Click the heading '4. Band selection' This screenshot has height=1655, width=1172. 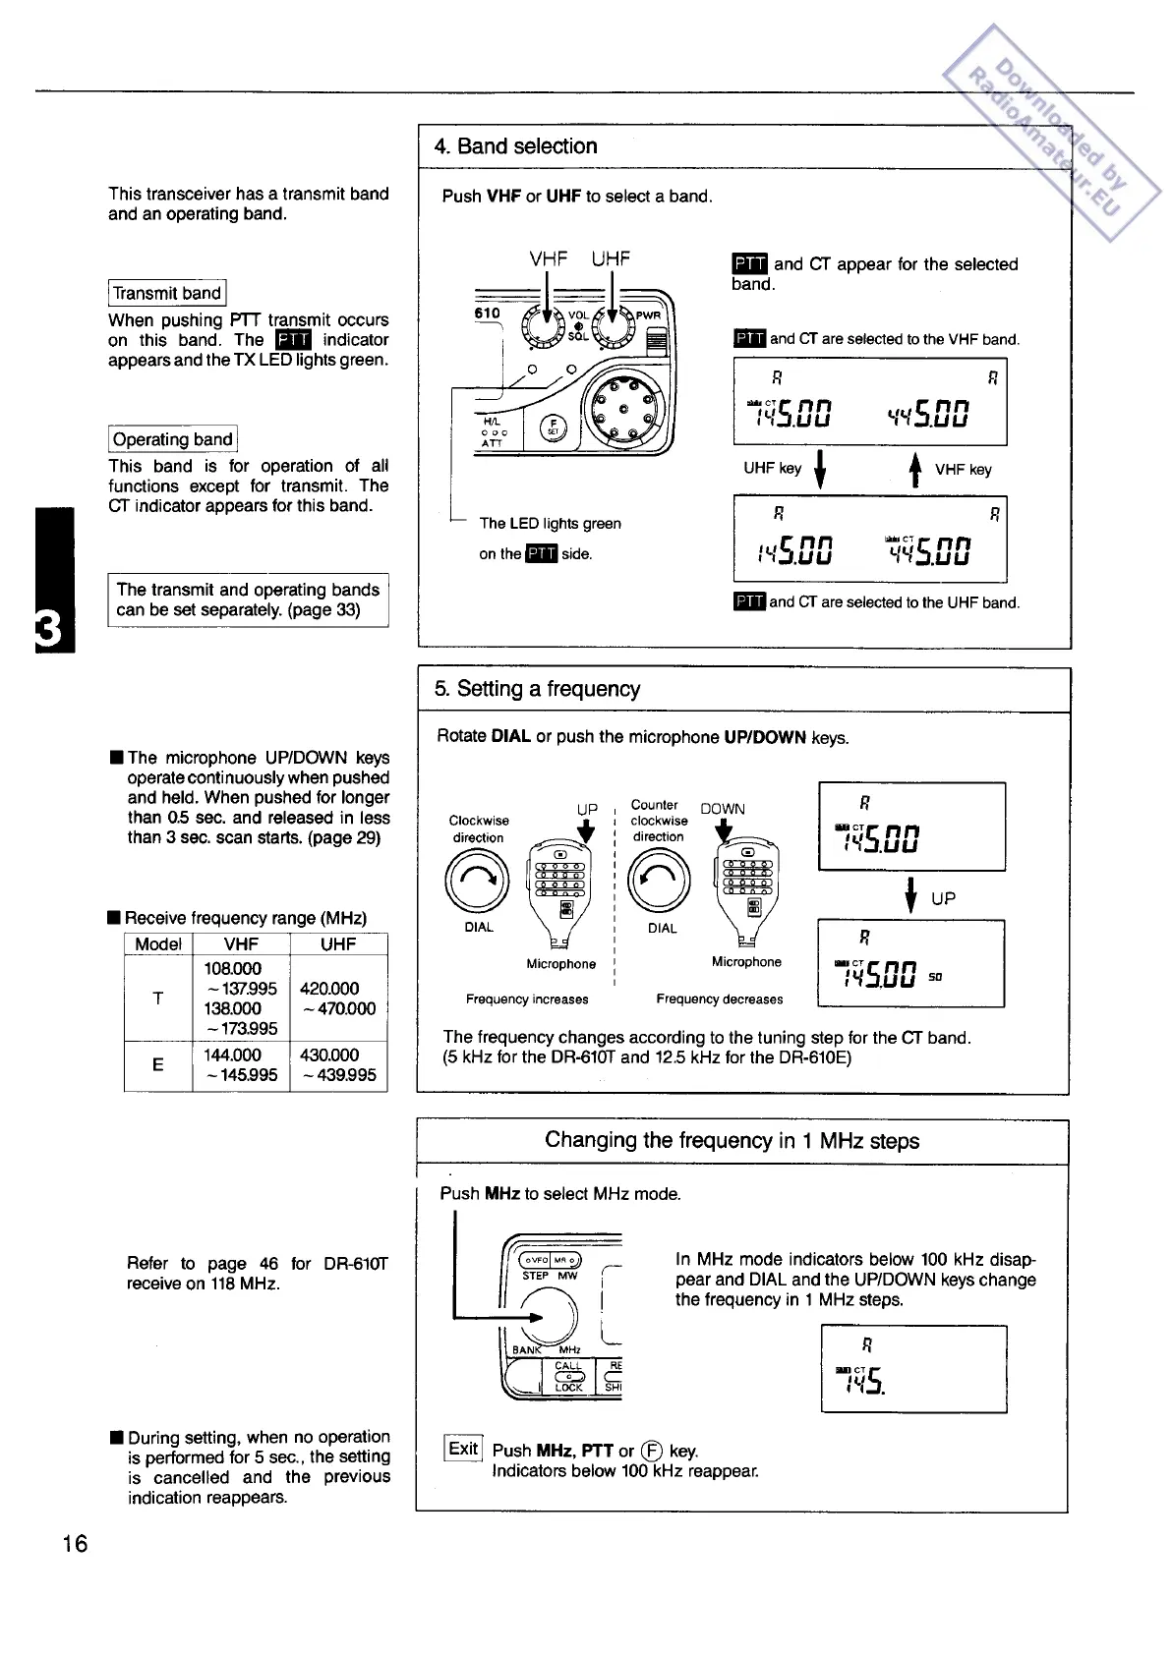click(516, 146)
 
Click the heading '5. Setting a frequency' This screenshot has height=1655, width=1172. click(538, 689)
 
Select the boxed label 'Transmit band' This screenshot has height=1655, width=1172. click(167, 293)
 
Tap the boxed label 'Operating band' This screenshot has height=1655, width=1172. click(173, 439)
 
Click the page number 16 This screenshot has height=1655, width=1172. click(75, 1543)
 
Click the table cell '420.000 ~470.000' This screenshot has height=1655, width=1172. click(338, 999)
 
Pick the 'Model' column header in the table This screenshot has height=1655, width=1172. click(158, 944)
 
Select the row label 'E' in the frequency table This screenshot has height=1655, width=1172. click(157, 1064)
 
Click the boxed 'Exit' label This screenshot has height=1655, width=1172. click(463, 1449)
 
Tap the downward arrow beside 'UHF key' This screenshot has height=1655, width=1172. click(820, 470)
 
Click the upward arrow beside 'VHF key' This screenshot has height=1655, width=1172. click(914, 470)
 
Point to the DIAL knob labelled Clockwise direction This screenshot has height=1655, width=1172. click(478, 880)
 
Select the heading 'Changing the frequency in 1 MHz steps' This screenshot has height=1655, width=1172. click(732, 1141)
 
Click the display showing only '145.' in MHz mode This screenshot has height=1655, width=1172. click(913, 1369)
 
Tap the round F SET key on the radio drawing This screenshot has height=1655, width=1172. click(553, 427)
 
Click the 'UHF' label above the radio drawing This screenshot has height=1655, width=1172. click(611, 259)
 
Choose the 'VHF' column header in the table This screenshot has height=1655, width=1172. click(241, 944)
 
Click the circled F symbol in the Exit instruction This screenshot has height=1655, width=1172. click(651, 1451)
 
